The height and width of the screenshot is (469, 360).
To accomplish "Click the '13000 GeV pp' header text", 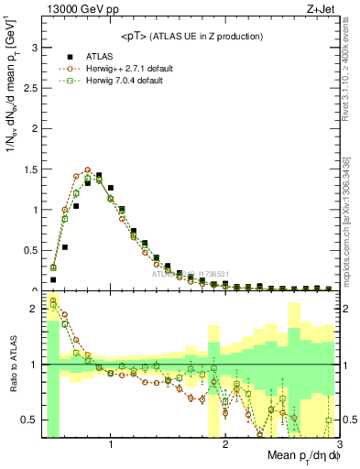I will coord(75,9).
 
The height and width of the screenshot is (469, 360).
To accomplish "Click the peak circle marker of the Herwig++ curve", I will coord(88,169).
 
